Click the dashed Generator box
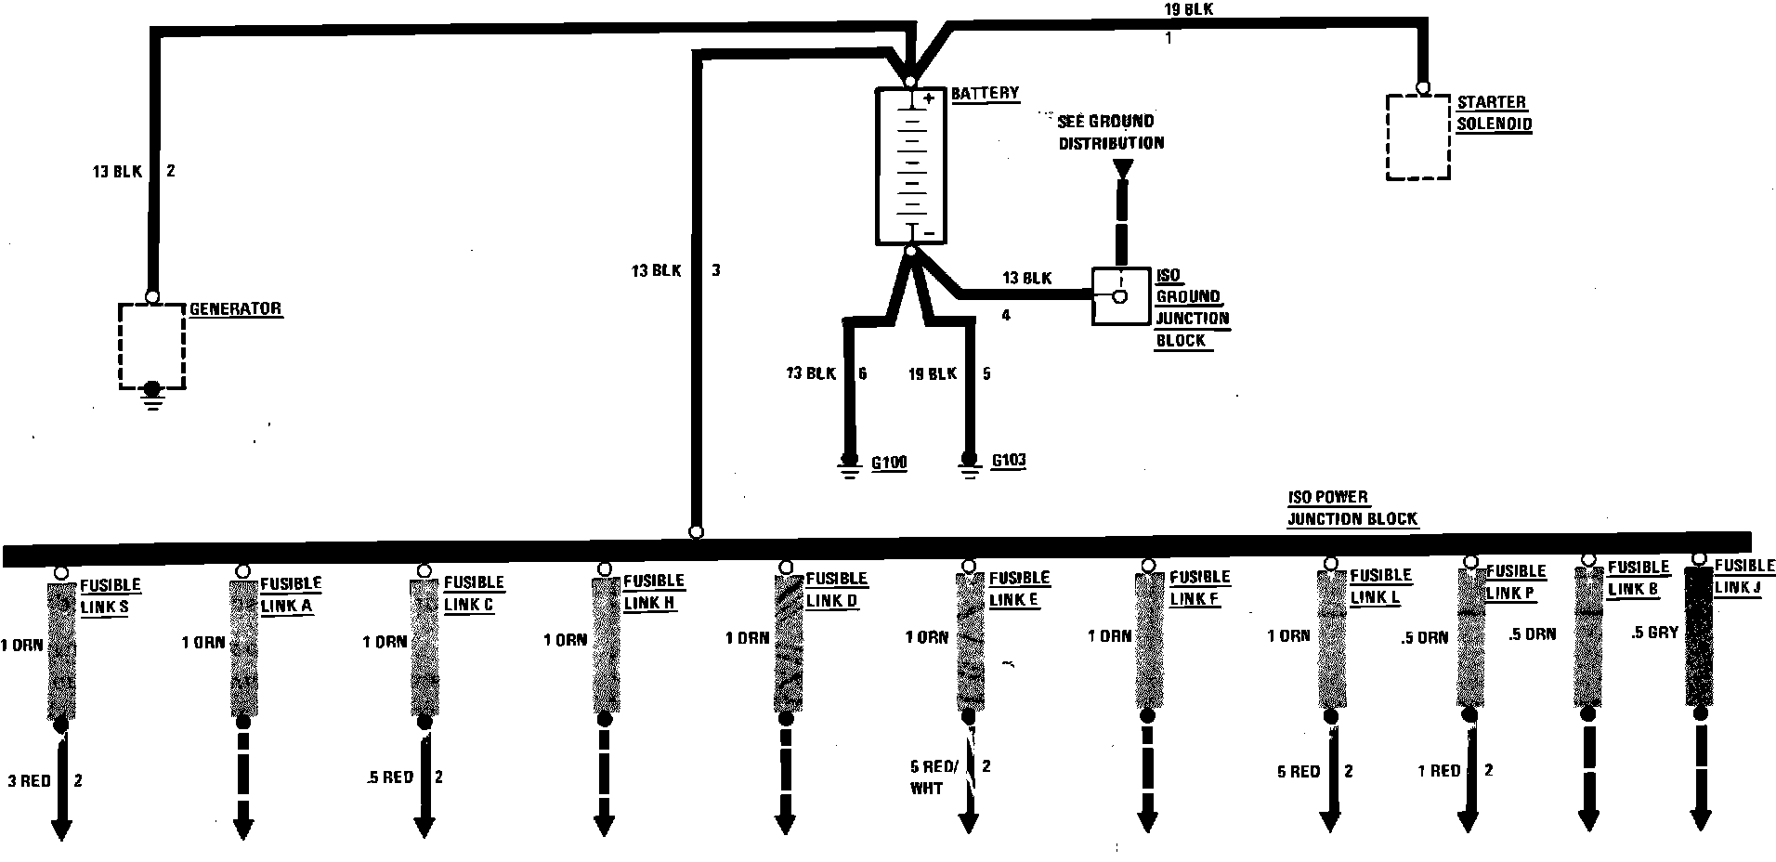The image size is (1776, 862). (151, 345)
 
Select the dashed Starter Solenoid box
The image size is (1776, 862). (1417, 137)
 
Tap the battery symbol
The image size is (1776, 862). (910, 166)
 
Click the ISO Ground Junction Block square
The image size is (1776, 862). (1120, 296)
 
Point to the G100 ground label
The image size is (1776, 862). (888, 463)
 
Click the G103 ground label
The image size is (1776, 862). (1008, 461)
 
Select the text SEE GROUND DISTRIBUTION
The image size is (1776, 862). (1110, 132)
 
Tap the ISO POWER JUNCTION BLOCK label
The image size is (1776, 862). (1352, 508)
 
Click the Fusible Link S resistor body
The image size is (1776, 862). (61, 649)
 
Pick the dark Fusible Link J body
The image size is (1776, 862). (1699, 637)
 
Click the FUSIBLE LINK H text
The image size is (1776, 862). (653, 592)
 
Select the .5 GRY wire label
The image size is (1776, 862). (1654, 633)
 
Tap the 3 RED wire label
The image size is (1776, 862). (29, 781)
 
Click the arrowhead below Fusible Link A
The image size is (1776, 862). (242, 828)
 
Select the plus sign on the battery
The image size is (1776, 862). (929, 98)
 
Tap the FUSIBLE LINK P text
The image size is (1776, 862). (1516, 582)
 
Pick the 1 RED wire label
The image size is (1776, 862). (1439, 771)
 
